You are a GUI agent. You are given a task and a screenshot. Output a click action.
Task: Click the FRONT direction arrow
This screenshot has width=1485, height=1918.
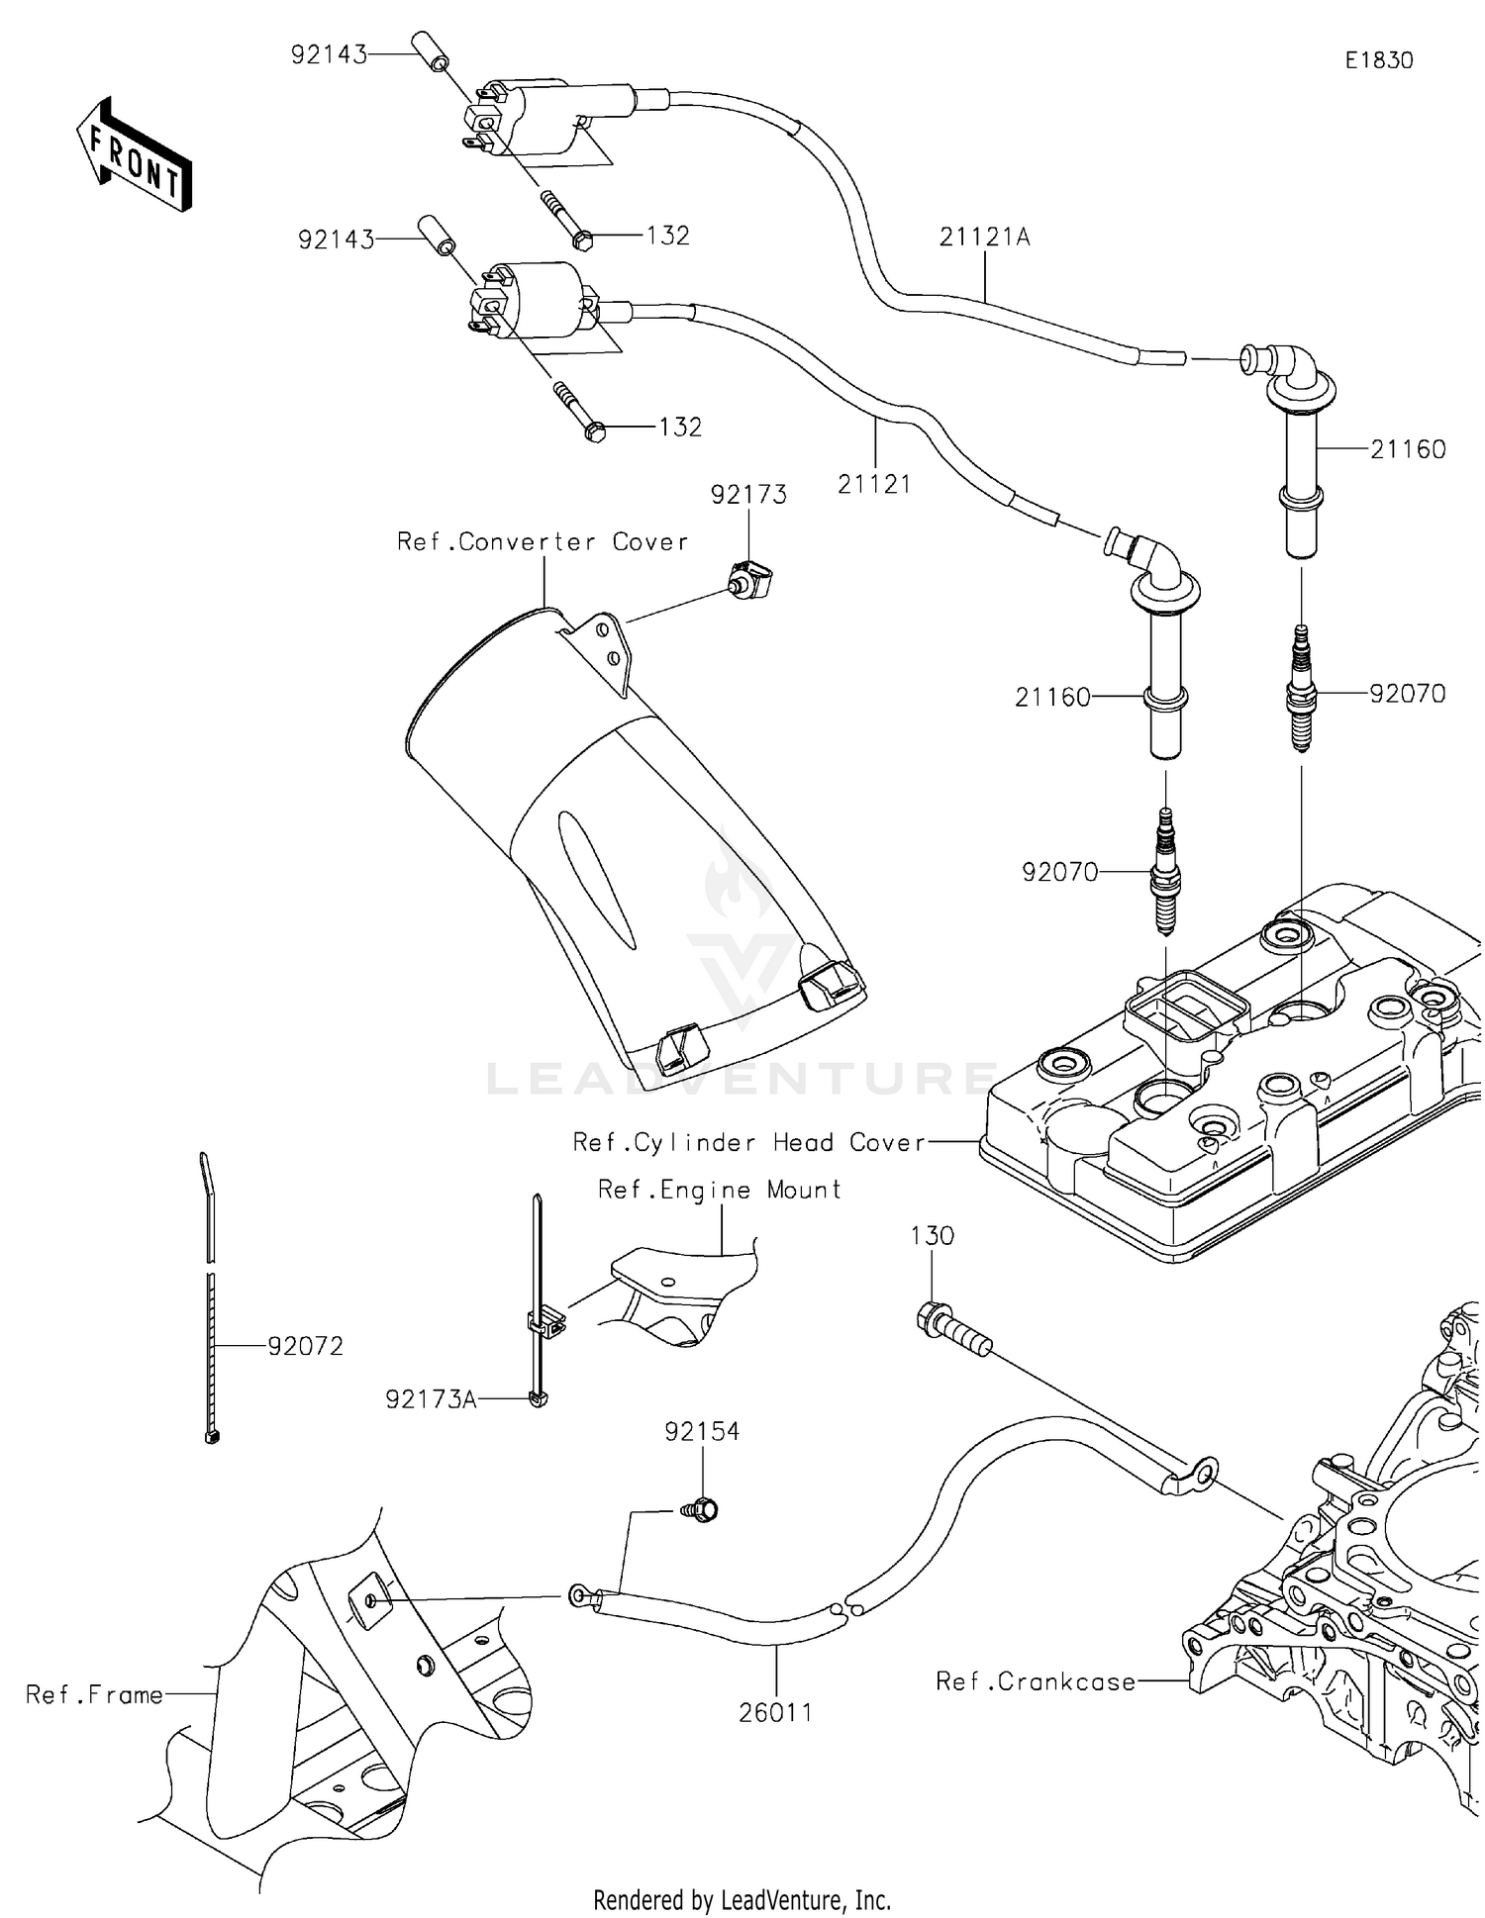pyautogui.click(x=134, y=156)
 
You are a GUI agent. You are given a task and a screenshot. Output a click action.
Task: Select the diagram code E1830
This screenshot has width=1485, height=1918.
pyautogui.click(x=1378, y=60)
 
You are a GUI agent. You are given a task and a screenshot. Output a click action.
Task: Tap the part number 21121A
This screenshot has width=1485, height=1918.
pyautogui.click(x=984, y=238)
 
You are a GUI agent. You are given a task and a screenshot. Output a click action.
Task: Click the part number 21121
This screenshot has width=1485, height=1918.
pyautogui.click(x=873, y=484)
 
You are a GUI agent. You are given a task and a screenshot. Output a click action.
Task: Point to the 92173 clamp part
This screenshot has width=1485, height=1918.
pyautogui.click(x=751, y=581)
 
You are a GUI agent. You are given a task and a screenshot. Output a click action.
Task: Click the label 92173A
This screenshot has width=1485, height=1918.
pyautogui.click(x=431, y=1398)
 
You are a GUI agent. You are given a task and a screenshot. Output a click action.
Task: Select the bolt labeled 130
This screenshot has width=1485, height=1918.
pyautogui.click(x=952, y=1328)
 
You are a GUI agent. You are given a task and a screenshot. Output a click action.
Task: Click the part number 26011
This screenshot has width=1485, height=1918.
pyautogui.click(x=775, y=1713)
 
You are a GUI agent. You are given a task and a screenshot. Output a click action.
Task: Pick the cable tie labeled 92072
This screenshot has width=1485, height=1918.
pyautogui.click(x=209, y=1306)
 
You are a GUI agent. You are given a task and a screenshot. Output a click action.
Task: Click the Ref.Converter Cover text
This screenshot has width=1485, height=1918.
pyautogui.click(x=542, y=541)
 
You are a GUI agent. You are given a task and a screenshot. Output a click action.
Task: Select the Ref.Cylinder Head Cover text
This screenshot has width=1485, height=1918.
pyautogui.click(x=749, y=1142)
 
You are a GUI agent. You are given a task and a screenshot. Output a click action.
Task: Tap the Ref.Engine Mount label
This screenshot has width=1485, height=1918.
pyautogui.click(x=719, y=1190)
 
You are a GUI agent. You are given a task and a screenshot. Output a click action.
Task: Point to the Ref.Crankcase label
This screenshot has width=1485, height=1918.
pyautogui.click(x=1036, y=1681)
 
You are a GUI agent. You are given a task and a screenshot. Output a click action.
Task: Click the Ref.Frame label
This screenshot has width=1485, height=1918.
pyautogui.click(x=94, y=1694)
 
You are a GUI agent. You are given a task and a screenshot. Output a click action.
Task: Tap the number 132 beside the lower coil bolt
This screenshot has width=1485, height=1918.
pyautogui.click(x=680, y=428)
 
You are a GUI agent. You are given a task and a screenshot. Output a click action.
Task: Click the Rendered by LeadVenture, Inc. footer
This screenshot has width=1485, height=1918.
pyautogui.click(x=742, y=1899)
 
